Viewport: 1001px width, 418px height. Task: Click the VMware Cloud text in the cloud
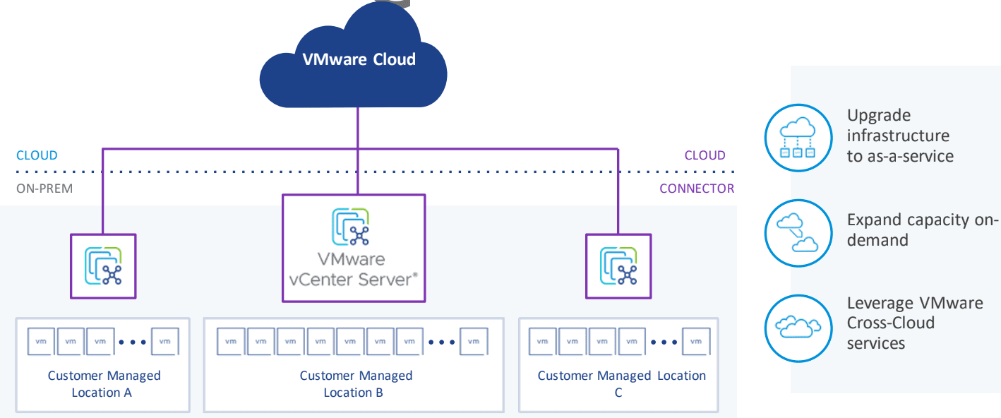pyautogui.click(x=359, y=59)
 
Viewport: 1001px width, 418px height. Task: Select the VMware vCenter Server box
pyautogui.click(x=354, y=248)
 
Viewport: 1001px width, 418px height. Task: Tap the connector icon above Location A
pyautogui.click(x=103, y=265)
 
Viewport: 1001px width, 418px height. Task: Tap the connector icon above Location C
pyautogui.click(x=618, y=265)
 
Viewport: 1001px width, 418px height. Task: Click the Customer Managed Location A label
pyautogui.click(x=104, y=383)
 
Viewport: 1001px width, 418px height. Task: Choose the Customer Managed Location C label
pyautogui.click(x=621, y=383)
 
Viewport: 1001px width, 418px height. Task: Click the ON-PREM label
pyautogui.click(x=44, y=189)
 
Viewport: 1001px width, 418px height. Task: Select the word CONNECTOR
pyautogui.click(x=697, y=189)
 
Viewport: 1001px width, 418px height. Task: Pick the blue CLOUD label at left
pyautogui.click(x=37, y=155)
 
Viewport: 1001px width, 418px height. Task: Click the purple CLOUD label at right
pyautogui.click(x=705, y=155)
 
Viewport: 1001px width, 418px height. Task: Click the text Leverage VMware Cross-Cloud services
pyautogui.click(x=915, y=323)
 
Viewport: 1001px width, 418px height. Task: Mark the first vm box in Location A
pyautogui.click(x=40, y=342)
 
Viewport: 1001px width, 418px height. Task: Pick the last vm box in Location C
pyautogui.click(x=696, y=342)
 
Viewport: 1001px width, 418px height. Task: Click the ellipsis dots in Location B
pyautogui.click(x=442, y=342)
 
